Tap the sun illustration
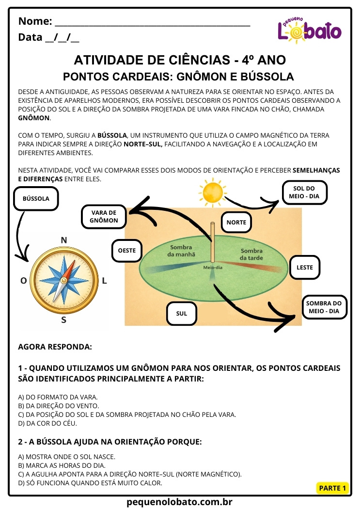pos(212,191)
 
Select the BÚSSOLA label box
pos(36,198)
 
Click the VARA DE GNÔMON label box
pos(104,216)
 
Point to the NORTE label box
pos(236,223)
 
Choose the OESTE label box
pos(126,251)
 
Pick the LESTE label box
pos(305,267)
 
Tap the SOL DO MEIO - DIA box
pos(304,192)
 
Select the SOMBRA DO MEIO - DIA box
pos(324,307)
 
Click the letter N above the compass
pos(63,240)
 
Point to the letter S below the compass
pos(63,320)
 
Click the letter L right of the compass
pos(105,280)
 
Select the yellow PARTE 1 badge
pos(332,488)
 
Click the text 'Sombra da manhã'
pos(182,250)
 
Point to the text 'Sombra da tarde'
pos(251,254)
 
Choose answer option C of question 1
pos(126,414)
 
